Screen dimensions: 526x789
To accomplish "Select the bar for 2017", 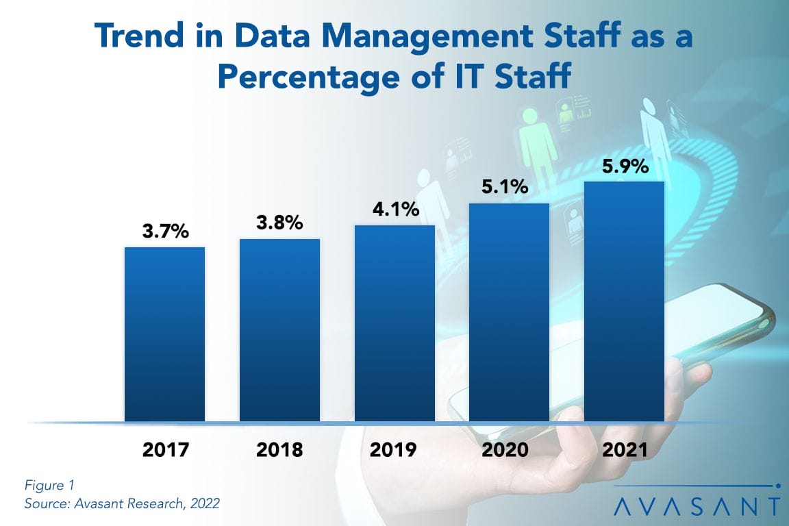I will tap(164, 334).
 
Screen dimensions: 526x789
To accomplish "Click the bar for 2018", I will tap(279, 329).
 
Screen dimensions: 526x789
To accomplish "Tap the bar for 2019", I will tap(394, 323).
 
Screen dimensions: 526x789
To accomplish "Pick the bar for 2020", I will tap(509, 312).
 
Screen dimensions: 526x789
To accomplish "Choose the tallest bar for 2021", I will tap(624, 301).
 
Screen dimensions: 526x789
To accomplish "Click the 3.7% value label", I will tap(164, 231).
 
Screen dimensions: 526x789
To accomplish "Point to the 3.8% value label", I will tap(279, 223).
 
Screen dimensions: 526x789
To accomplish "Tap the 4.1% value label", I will tap(394, 209).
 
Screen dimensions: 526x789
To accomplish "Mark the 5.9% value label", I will tap(624, 166).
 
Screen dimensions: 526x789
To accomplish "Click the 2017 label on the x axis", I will tap(164, 450).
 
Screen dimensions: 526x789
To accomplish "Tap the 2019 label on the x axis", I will tap(394, 450).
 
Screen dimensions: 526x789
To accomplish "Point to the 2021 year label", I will tap(624, 450).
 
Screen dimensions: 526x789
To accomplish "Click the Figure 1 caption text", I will tap(49, 486).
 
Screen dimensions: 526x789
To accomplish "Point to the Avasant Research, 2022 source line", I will tap(122, 504).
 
